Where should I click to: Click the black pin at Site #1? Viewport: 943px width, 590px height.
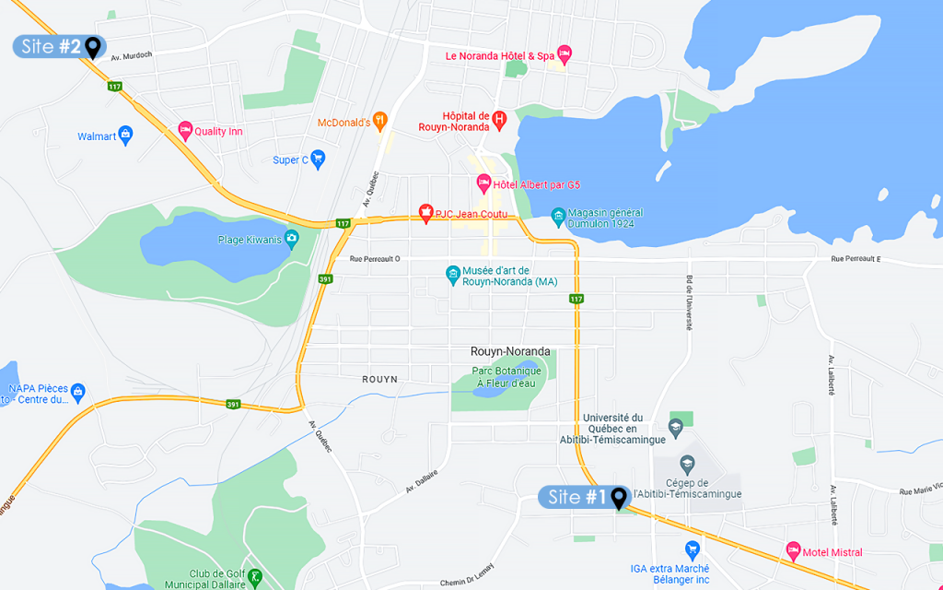click(x=619, y=498)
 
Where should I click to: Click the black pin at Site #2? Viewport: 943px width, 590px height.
click(x=92, y=46)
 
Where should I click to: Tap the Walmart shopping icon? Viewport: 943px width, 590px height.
click(x=126, y=136)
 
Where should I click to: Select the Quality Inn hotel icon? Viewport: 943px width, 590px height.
click(x=185, y=131)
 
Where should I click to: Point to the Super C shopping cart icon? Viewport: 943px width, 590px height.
click(x=318, y=159)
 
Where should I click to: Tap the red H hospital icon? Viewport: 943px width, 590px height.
click(x=499, y=119)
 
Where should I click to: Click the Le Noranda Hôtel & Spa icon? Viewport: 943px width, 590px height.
click(x=565, y=54)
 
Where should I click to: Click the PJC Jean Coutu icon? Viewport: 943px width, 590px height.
click(x=425, y=214)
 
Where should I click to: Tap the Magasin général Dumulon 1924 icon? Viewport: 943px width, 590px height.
click(x=558, y=218)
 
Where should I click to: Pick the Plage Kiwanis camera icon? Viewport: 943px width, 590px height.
click(x=292, y=240)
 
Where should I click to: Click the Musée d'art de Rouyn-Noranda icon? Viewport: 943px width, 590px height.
click(x=452, y=274)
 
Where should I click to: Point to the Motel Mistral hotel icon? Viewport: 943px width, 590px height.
click(x=793, y=551)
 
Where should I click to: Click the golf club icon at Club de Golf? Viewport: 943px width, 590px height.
click(x=254, y=578)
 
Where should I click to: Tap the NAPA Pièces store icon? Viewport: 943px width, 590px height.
click(x=77, y=394)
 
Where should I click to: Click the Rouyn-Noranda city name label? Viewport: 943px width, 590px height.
click(x=509, y=351)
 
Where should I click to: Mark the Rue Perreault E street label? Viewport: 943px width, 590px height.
click(x=856, y=260)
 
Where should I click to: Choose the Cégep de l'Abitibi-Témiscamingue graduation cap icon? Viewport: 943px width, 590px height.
click(x=686, y=463)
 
